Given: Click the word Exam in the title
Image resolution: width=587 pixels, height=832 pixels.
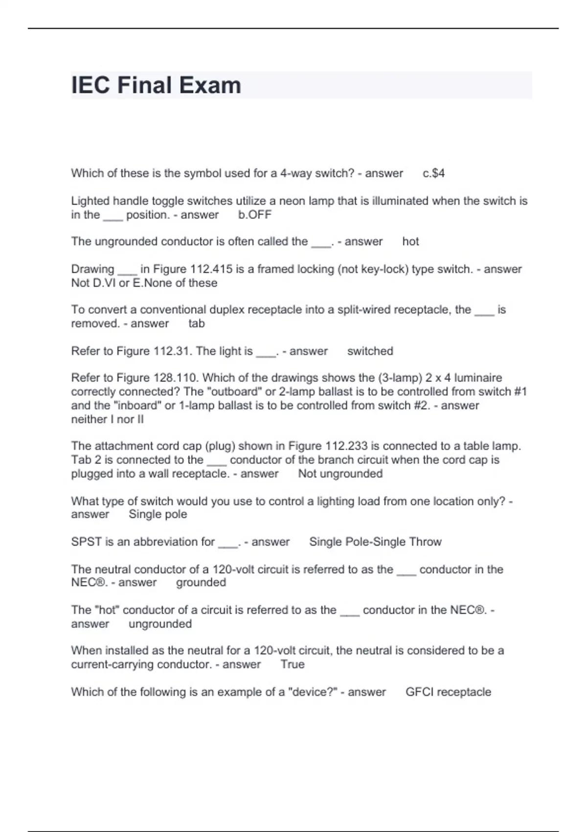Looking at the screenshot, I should (x=209, y=85).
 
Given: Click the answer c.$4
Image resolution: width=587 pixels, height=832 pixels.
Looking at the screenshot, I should (x=433, y=173).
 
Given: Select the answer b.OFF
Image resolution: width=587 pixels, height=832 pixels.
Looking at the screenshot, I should (x=254, y=214).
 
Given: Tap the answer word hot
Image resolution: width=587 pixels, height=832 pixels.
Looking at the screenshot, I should (x=410, y=241).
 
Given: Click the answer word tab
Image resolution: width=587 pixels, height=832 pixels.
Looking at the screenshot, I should (x=196, y=324).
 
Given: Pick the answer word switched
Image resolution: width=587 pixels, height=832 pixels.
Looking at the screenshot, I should (x=370, y=351).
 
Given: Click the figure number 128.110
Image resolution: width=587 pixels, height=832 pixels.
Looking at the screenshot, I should (x=176, y=378).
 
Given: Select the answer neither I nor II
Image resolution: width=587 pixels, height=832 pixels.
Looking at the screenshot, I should (x=107, y=419).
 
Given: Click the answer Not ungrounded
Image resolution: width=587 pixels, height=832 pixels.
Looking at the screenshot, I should (x=340, y=474).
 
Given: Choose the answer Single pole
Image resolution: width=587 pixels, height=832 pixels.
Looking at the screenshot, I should (x=158, y=514).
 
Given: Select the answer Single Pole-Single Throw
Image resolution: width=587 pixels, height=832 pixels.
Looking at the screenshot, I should (x=375, y=542).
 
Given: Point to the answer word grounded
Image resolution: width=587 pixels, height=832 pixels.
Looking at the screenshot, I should (x=201, y=582).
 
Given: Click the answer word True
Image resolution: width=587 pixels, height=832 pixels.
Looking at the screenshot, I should (x=292, y=664).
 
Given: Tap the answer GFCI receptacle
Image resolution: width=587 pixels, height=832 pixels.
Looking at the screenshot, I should (x=448, y=692).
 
